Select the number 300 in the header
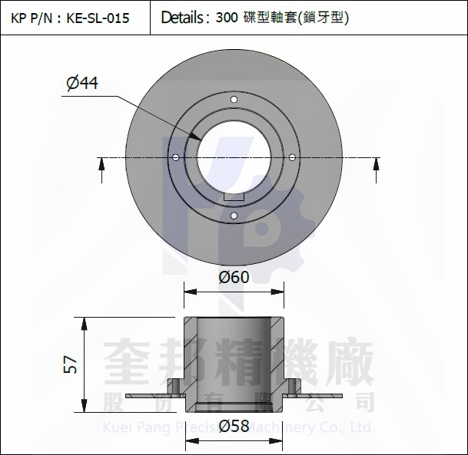coord(227,18)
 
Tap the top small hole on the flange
coord(234,98)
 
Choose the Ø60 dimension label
coord(234,277)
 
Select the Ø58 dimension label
coord(234,426)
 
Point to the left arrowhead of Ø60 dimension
coord(187,292)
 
